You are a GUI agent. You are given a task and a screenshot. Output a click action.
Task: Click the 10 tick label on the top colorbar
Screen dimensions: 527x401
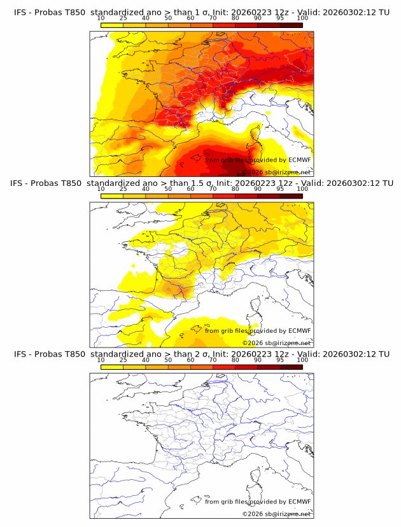[x=101, y=18]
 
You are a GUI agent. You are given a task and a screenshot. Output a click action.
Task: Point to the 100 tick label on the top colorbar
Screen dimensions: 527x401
[x=302, y=18]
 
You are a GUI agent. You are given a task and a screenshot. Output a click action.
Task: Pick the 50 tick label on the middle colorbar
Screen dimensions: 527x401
[x=168, y=189]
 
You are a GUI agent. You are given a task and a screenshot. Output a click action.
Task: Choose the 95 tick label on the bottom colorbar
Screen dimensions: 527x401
[x=280, y=360]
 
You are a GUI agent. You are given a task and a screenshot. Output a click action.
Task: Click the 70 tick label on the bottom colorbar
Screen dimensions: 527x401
[x=213, y=360]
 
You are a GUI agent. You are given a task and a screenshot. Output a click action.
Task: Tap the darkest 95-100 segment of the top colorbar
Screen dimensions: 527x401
[x=291, y=25]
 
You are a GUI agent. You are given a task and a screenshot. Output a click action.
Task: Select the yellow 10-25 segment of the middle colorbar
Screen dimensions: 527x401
[x=111, y=195]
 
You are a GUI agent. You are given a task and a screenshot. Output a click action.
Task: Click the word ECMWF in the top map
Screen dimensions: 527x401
[x=299, y=160]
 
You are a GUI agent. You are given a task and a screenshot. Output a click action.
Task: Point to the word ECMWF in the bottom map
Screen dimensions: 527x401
[x=299, y=502]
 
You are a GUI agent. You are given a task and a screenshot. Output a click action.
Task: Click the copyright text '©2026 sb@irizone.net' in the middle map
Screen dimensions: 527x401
[x=276, y=343]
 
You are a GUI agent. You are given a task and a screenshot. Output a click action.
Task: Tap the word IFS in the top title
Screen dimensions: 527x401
[x=20, y=13]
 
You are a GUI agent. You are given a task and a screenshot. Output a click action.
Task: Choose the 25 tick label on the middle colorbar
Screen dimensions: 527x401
[x=123, y=189]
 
